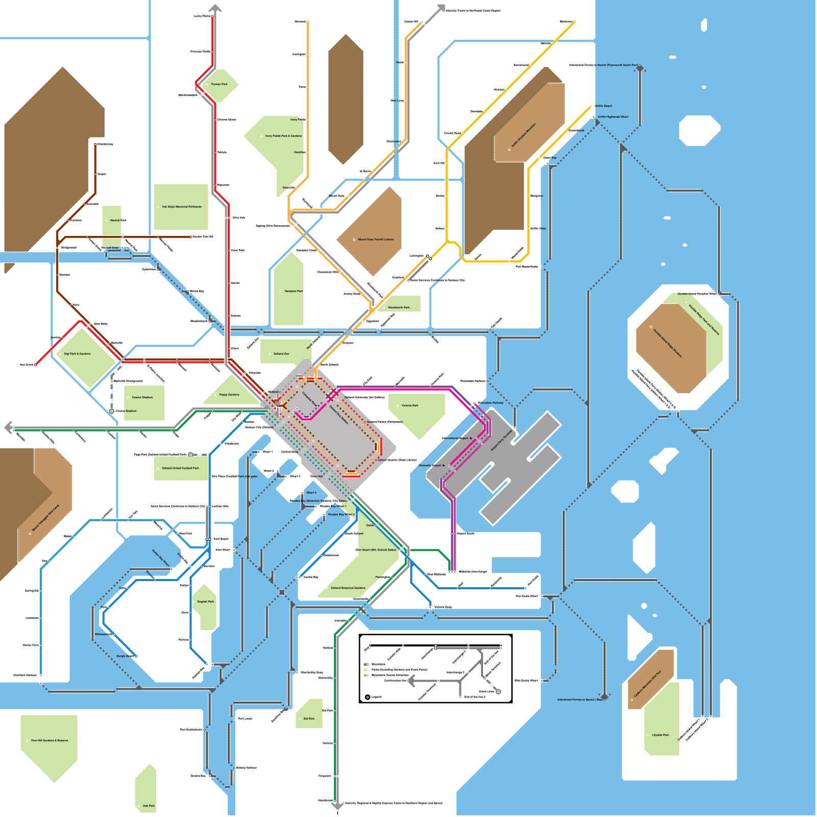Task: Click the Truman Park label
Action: click(219, 84)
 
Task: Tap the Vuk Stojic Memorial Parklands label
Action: click(182, 207)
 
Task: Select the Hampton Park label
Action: click(294, 291)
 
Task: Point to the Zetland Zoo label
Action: click(281, 353)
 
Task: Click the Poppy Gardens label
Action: click(229, 395)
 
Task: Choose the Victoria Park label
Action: click(410, 405)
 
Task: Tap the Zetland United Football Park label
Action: click(180, 468)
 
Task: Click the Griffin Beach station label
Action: click(603, 106)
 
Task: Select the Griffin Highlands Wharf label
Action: click(613, 117)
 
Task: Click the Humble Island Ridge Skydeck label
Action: click(667, 343)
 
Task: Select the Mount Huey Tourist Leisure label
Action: click(376, 239)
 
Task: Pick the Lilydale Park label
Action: click(660, 735)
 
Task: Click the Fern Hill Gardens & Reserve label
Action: click(50, 740)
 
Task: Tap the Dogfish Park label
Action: click(206, 602)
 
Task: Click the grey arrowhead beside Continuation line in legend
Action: click(412, 681)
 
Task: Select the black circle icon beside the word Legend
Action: click(368, 697)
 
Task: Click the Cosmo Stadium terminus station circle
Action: click(111, 411)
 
